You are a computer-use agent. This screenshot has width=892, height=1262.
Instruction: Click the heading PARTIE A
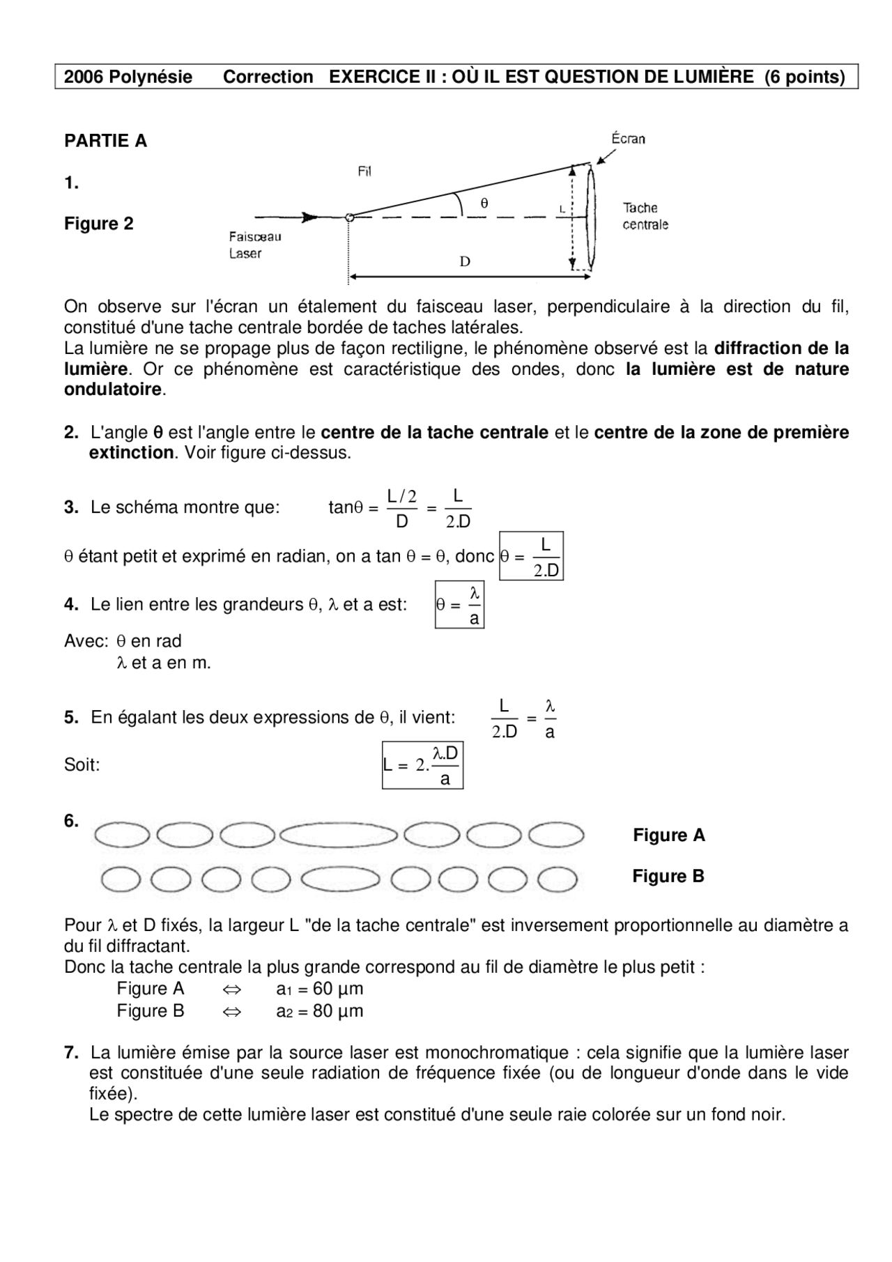pyautogui.click(x=105, y=141)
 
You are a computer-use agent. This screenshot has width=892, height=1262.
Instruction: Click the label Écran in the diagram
pyautogui.click(x=628, y=139)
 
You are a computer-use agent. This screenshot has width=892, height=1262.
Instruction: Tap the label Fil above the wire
pyautogui.click(x=364, y=171)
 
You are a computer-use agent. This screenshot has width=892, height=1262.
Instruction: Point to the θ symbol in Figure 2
pyautogui.click(x=484, y=203)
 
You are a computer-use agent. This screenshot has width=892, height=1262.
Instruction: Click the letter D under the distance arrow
pyautogui.click(x=465, y=262)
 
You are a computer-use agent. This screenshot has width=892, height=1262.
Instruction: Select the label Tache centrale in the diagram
pyautogui.click(x=645, y=216)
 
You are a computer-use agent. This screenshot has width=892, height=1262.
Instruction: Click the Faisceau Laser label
pyautogui.click(x=255, y=245)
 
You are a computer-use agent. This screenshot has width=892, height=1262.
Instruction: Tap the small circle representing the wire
pyautogui.click(x=350, y=217)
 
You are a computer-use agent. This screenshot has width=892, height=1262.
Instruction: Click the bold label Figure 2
pyautogui.click(x=98, y=224)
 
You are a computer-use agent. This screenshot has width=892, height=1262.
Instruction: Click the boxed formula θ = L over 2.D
pyautogui.click(x=532, y=557)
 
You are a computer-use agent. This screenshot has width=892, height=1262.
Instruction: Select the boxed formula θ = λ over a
pyautogui.click(x=459, y=605)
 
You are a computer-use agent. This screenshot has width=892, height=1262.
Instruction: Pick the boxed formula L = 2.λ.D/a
pyautogui.click(x=422, y=765)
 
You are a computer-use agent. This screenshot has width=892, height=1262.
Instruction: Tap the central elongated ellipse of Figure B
pyautogui.click(x=340, y=880)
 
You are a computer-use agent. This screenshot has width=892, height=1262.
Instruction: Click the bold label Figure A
pyautogui.click(x=668, y=835)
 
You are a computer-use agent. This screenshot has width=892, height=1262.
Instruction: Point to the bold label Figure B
pyautogui.click(x=668, y=876)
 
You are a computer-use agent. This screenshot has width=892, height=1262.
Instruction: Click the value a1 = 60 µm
pyautogui.click(x=319, y=989)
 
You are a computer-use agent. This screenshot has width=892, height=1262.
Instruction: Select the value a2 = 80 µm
pyautogui.click(x=319, y=1011)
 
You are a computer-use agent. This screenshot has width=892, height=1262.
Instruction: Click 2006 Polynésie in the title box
pyautogui.click(x=128, y=77)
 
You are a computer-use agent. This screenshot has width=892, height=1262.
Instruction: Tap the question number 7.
pyautogui.click(x=71, y=1053)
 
